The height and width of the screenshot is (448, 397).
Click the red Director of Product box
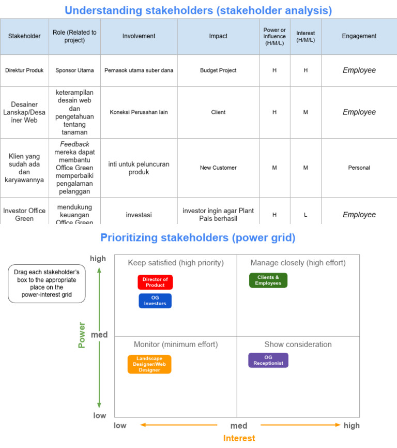(x=155, y=282)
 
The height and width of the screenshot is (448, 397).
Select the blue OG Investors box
(x=155, y=301)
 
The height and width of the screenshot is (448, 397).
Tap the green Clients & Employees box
(x=268, y=280)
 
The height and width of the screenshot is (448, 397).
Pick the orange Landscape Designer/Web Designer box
(x=149, y=364)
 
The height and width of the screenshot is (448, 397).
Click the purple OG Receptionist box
(x=268, y=360)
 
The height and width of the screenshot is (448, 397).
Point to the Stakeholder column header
(x=24, y=36)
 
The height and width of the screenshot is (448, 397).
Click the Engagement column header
(x=359, y=36)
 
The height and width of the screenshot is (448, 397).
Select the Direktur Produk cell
(x=24, y=70)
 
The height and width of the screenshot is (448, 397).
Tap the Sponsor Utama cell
(x=74, y=70)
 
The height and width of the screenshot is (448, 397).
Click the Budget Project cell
(x=218, y=70)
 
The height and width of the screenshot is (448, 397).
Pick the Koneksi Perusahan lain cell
(x=139, y=112)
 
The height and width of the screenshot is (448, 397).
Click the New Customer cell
(x=218, y=168)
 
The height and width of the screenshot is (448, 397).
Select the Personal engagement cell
(x=359, y=168)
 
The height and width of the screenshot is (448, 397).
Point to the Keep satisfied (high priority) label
(x=176, y=263)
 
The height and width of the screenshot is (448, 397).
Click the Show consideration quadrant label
(x=298, y=345)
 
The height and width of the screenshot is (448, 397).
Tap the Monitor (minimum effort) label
(x=176, y=345)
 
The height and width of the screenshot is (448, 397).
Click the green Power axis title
(x=82, y=335)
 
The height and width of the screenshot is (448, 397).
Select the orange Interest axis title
(x=239, y=438)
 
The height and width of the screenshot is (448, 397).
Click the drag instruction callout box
(x=47, y=283)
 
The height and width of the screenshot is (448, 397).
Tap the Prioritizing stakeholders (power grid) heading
(x=198, y=237)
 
